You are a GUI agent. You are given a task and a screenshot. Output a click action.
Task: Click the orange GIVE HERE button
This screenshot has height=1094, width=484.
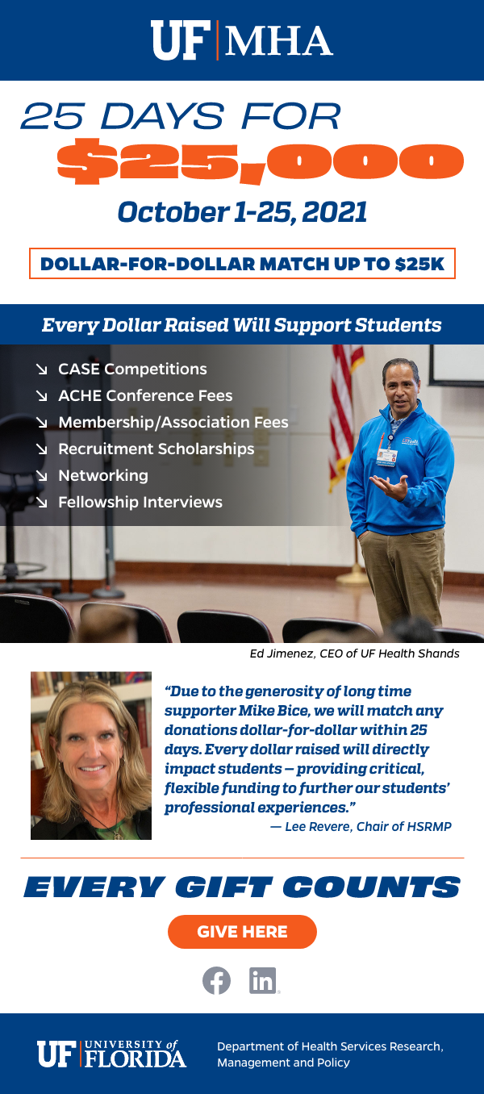[242, 931]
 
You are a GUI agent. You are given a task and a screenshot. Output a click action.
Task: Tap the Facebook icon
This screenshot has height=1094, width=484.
[216, 980]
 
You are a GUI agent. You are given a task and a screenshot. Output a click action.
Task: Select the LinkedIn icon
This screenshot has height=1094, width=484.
[263, 980]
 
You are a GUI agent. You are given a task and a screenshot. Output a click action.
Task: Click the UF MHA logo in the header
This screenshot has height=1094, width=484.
[242, 40]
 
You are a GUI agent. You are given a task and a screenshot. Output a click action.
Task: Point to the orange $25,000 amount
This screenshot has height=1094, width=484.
[260, 161]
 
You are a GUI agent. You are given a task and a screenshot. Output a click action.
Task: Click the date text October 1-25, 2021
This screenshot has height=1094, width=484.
[242, 212]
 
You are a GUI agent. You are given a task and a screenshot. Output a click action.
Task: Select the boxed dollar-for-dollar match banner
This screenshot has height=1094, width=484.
[242, 264]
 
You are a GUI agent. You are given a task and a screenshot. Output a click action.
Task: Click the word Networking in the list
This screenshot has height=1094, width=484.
[103, 475]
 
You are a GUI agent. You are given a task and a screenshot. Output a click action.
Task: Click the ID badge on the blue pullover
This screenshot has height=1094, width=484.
[386, 456]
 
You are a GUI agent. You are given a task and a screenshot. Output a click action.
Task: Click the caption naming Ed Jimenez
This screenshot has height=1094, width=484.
[355, 653]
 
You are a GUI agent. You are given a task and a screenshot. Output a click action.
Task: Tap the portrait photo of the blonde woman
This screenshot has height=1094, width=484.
[91, 755]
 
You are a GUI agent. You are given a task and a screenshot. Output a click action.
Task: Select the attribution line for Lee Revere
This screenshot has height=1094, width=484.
[361, 826]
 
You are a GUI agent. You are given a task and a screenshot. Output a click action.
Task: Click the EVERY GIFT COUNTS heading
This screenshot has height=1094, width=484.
[242, 887]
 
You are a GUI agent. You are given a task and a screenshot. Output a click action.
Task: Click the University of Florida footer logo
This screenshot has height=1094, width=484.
[112, 1054]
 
